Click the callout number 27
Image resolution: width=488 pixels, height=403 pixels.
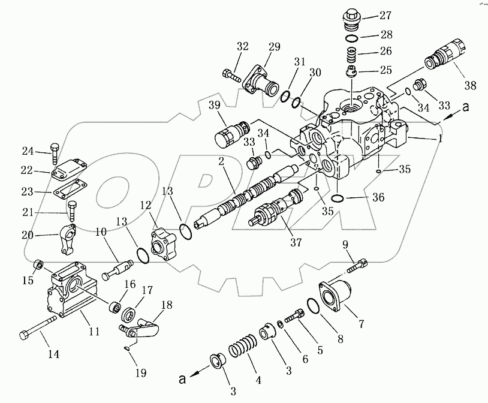click(x=384, y=14)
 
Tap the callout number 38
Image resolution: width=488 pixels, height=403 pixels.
click(x=470, y=85)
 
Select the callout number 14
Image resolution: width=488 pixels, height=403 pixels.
click(x=54, y=354)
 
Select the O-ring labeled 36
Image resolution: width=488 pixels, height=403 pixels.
click(x=338, y=199)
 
